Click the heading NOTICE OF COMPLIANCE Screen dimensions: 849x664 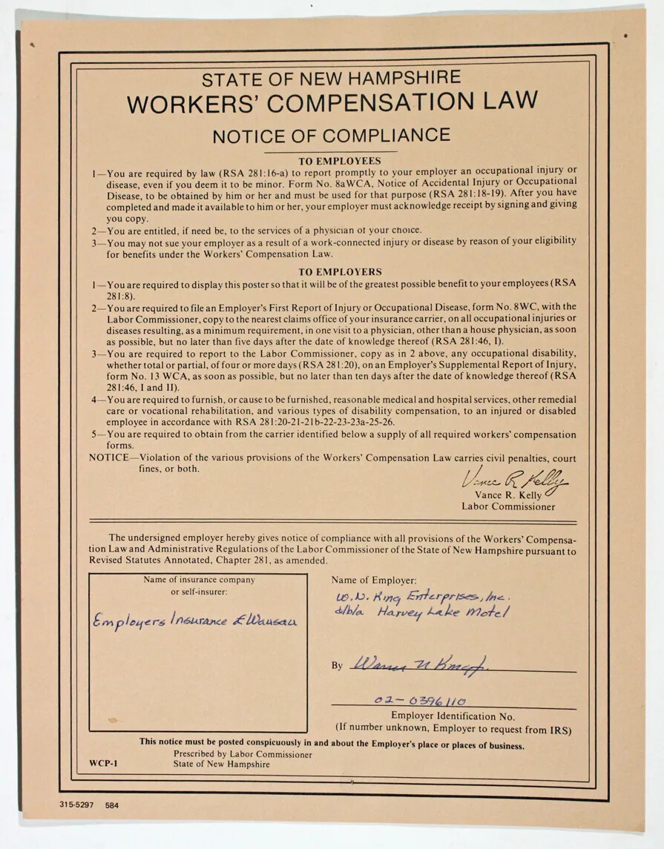(331, 136)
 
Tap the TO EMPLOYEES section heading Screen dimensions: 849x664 (339, 161)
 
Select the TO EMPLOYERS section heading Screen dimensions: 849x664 (340, 272)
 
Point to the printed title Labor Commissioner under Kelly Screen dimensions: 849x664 (508, 507)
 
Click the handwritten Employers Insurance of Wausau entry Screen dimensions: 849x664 (194, 620)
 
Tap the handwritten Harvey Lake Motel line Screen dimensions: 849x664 (422, 613)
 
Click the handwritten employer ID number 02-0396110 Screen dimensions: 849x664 (420, 701)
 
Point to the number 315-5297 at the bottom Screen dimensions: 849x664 (77, 805)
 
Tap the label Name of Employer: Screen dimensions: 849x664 (374, 580)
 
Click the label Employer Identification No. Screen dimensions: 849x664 (453, 716)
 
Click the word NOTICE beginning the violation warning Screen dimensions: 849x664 (109, 458)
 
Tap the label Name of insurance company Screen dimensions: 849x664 (199, 580)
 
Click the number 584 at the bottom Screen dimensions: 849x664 (111, 805)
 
